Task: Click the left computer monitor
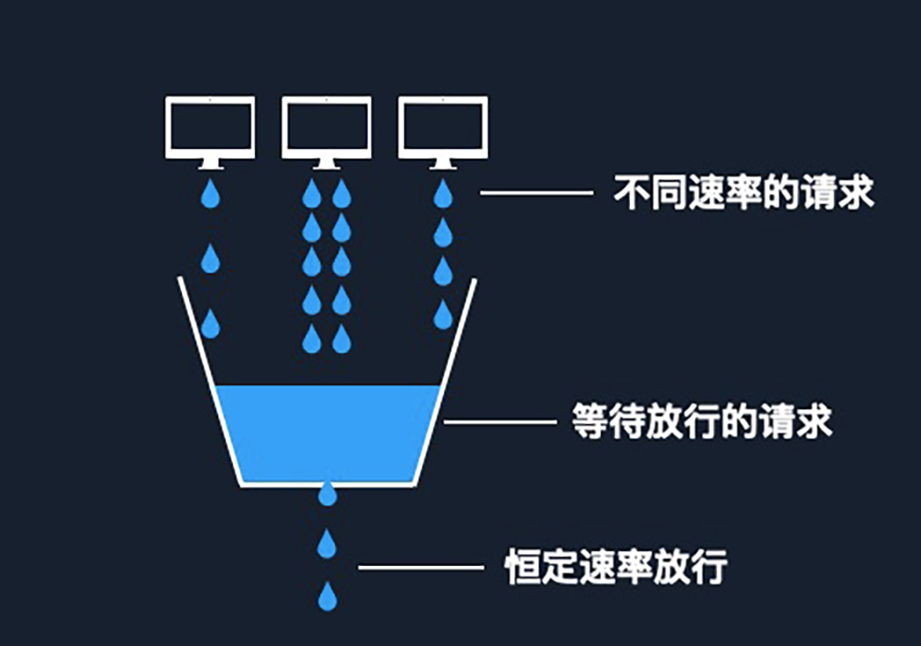210,128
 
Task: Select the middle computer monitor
327,128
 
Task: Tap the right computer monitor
442,128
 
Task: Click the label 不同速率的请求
744,193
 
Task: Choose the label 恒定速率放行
616,567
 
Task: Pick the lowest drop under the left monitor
210,323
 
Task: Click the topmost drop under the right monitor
442,194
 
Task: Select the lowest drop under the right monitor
442,315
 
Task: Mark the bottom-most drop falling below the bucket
328,597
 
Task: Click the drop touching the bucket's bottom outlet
328,494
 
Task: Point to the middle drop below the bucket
328,544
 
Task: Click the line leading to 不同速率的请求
536,193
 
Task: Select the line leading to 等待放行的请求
499,422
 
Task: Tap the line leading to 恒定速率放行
420,568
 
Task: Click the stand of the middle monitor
327,164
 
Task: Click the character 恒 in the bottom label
520,567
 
